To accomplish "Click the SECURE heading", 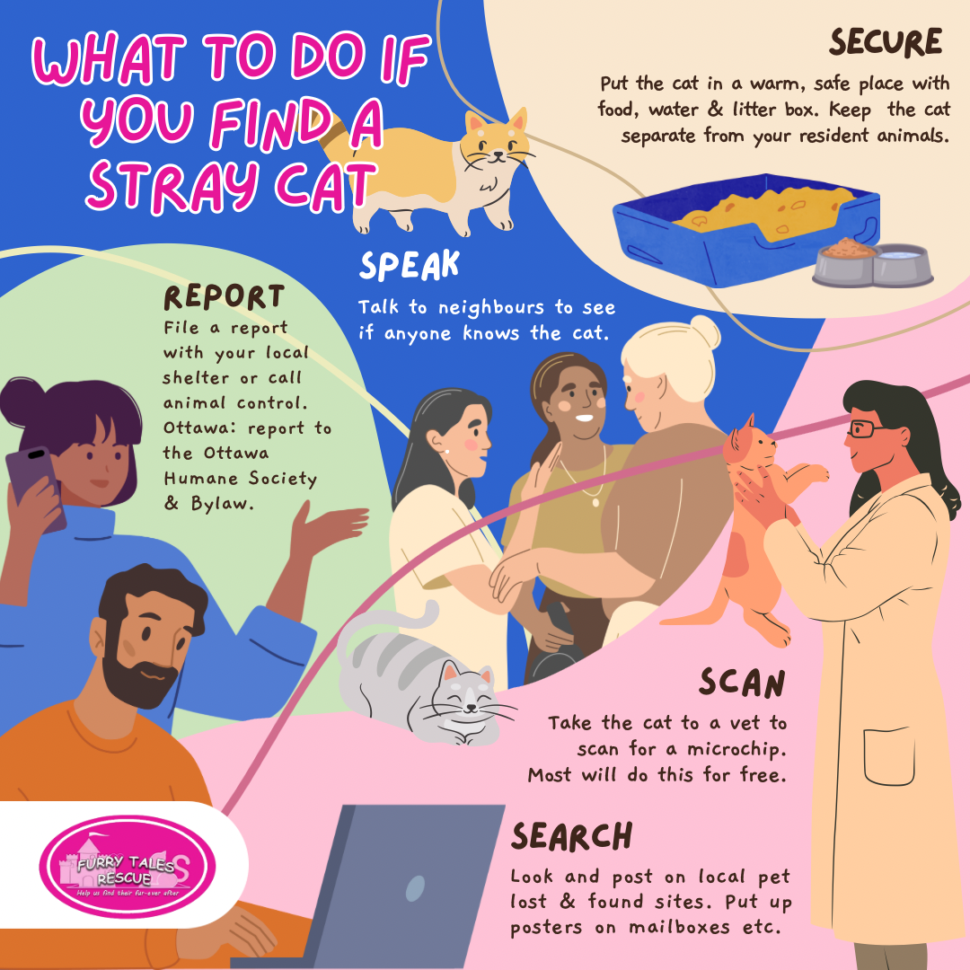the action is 886,42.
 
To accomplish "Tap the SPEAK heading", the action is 409,265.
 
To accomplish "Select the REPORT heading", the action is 224,297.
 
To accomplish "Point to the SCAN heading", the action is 742,683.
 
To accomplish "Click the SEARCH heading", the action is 571,836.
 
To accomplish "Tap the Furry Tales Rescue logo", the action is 128,866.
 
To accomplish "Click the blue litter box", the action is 746,229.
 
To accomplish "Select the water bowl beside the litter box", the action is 902,265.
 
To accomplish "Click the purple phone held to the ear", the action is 36,488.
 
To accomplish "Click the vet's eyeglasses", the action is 866,428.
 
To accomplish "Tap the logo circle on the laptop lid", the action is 415,888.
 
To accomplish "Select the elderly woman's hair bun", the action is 705,332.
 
